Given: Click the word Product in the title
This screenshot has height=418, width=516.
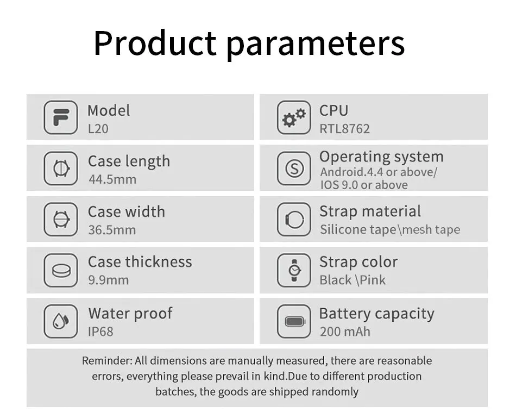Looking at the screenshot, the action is (155, 43).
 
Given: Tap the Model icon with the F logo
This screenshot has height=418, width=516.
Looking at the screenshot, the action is (61, 117).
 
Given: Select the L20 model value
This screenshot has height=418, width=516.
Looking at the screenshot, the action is (98, 129).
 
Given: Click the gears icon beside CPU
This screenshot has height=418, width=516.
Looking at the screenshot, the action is (294, 117).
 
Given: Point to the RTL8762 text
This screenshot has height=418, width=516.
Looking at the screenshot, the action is (344, 129).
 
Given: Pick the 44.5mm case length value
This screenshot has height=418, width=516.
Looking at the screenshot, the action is (112, 179).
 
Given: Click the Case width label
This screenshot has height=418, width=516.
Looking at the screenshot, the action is (127, 212).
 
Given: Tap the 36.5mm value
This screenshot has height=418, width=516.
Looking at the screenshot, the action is (112, 230).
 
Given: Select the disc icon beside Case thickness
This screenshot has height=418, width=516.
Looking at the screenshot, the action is (61, 270).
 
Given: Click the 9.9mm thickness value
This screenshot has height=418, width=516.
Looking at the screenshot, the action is (108, 280).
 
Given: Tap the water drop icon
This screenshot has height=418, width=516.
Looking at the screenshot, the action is (61, 321).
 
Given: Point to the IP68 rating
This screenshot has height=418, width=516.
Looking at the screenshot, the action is (100, 332).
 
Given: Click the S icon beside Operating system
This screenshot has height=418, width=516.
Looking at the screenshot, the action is (294, 169).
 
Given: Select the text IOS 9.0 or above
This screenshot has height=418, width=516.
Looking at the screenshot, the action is (364, 185).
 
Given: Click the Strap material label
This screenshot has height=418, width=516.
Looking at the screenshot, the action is (370, 211).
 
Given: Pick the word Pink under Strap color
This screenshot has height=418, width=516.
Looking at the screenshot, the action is (373, 280).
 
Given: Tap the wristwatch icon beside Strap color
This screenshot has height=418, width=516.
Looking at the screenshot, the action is (294, 270).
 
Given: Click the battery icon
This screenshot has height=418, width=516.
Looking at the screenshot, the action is (294, 321).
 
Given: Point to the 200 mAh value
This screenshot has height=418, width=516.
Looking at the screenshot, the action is (345, 332).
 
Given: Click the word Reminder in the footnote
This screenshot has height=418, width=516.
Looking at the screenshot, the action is (107, 361).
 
